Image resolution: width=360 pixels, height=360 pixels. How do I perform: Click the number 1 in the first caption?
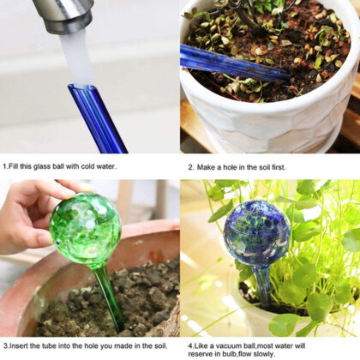coord(4,166)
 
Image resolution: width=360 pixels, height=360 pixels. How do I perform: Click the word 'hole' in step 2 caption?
coord(245,167)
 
